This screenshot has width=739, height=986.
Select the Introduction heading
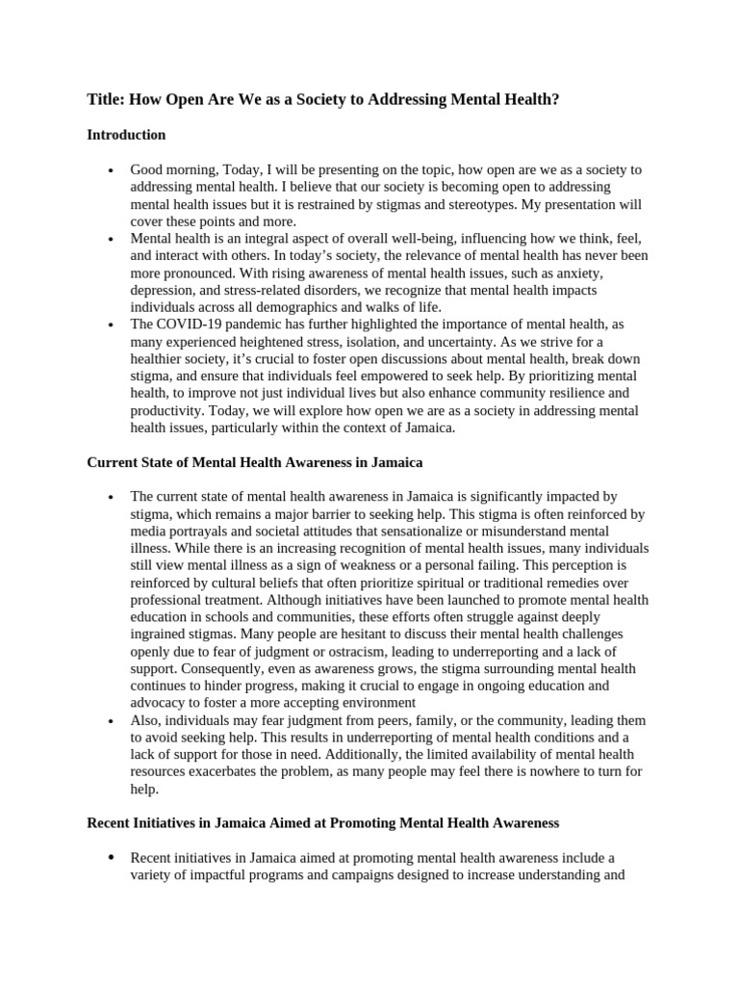pyautogui.click(x=126, y=135)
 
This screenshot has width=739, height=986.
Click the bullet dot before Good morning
pyautogui.click(x=112, y=170)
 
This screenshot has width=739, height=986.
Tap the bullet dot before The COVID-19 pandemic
pyautogui.click(x=112, y=325)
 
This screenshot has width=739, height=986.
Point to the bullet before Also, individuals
pyautogui.click(x=112, y=721)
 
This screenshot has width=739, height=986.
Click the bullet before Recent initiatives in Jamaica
pyautogui.click(x=112, y=858)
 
